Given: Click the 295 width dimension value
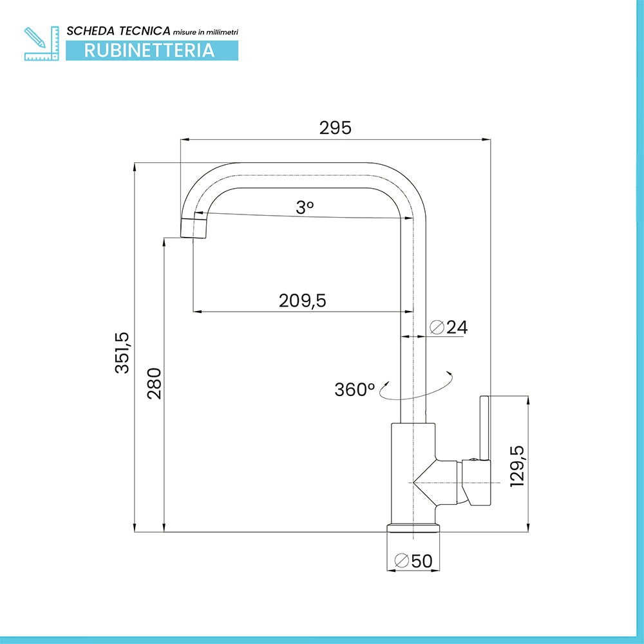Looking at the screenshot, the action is tap(335, 128).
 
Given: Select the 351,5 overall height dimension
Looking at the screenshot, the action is tap(122, 353).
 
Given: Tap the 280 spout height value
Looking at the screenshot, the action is tap(155, 384).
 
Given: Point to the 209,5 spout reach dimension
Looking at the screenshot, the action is tap(302, 301).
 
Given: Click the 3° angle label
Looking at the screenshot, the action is tap(305, 207).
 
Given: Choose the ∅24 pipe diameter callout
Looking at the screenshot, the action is tap(448, 327).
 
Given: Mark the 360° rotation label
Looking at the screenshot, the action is tap(354, 390).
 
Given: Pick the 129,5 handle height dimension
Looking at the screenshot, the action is tap(517, 466).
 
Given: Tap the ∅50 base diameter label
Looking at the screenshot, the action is tap(413, 561).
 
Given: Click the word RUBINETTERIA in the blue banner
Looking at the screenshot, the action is tap(149, 50).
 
